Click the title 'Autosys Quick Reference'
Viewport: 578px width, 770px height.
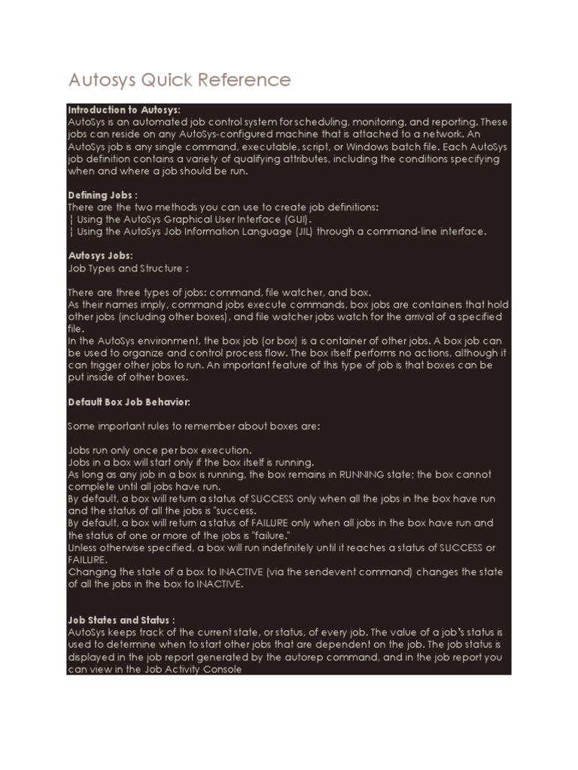point(179,80)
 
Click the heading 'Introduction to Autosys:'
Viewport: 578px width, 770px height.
point(124,110)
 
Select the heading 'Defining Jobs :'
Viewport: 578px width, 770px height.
point(103,195)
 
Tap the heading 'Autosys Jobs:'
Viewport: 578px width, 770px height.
point(100,256)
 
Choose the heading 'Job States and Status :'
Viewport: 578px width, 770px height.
point(121,620)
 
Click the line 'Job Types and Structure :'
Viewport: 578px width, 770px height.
point(128,268)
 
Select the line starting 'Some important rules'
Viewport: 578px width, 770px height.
point(194,426)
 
